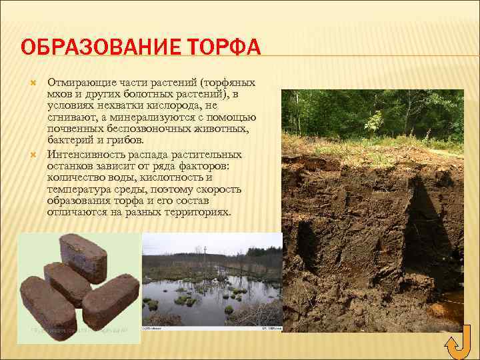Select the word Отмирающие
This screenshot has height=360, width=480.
click(75, 82)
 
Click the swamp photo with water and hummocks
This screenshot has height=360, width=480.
click(211, 281)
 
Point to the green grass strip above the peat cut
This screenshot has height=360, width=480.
click(373, 143)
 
